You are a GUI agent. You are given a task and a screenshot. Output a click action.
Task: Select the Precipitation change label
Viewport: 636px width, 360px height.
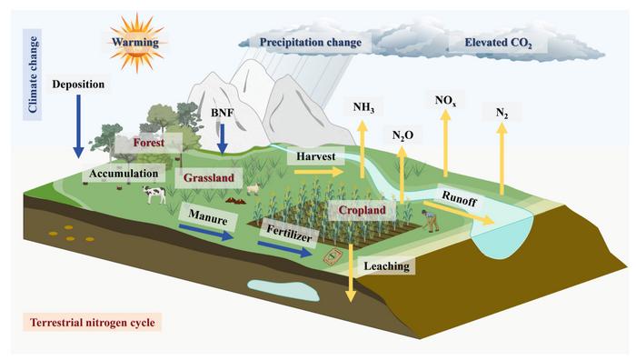click(311, 42)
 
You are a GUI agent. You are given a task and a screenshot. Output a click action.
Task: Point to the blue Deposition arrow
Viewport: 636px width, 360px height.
click(76, 123)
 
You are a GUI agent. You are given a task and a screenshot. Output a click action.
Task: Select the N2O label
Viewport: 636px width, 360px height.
click(402, 135)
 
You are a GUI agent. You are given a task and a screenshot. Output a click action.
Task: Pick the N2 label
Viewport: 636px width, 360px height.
click(502, 114)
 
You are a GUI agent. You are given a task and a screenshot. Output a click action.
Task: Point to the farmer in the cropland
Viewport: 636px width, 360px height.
click(423, 220)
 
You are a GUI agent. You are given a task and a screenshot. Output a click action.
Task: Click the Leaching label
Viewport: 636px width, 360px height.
click(386, 267)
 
